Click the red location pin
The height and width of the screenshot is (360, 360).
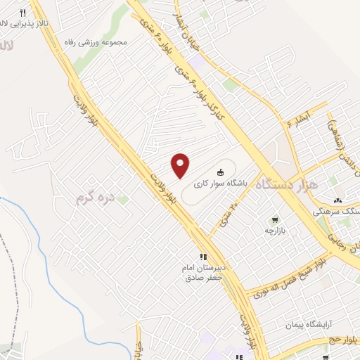(x=181, y=165)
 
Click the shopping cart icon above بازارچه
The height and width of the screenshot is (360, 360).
(x=276, y=219)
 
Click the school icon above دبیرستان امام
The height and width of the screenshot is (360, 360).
(x=202, y=257)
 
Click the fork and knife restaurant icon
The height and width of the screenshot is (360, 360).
(x=22, y=13)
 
